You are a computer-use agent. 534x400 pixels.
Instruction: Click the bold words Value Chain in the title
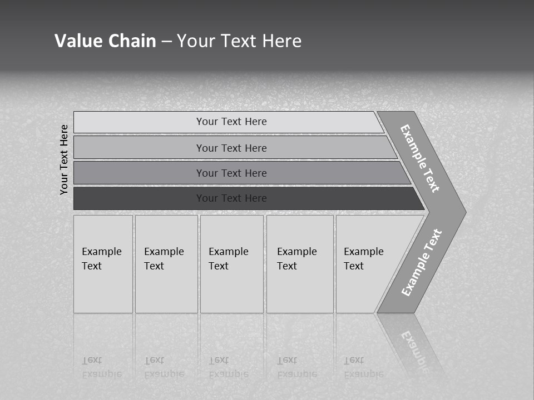click(x=105, y=41)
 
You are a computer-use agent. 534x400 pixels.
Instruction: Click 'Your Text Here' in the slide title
click(x=239, y=41)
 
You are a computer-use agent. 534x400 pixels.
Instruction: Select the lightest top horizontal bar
click(x=139, y=122)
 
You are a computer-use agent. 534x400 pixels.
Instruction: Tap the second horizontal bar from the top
click(x=139, y=148)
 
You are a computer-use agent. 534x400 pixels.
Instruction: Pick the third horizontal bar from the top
click(x=139, y=173)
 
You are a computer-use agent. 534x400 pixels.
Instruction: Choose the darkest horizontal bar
click(x=139, y=198)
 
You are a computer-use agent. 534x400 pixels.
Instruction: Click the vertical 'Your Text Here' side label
click(x=64, y=159)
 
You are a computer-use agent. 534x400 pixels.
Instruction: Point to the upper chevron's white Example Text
click(x=420, y=158)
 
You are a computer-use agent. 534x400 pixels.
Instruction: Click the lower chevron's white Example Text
click(x=421, y=263)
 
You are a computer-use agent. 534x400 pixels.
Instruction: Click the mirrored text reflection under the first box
click(x=102, y=367)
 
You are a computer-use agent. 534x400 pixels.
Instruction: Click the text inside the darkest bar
click(x=231, y=198)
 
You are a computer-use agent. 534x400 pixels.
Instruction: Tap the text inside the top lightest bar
click(x=231, y=122)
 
